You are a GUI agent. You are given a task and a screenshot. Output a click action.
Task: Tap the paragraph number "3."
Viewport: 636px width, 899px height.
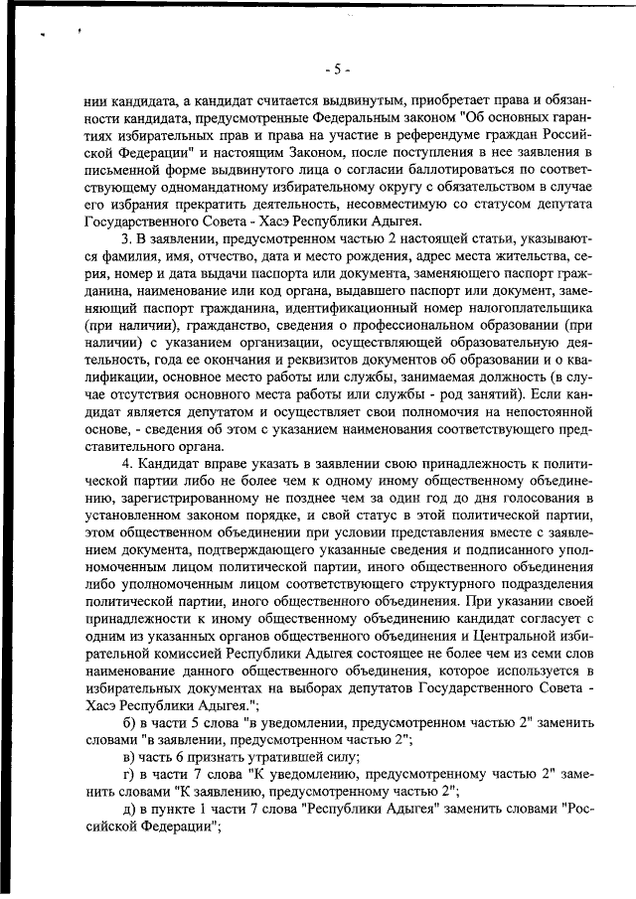[127, 240]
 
